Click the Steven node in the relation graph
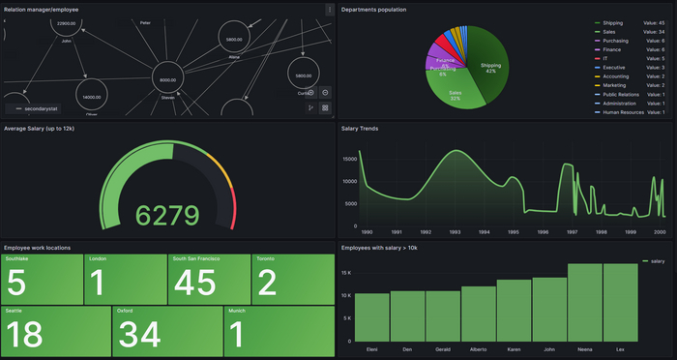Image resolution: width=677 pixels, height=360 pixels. click(167, 80)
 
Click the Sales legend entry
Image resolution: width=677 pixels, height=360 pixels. click(612, 32)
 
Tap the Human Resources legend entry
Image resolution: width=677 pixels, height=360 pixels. click(624, 112)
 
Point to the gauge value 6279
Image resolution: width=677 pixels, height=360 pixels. click(166, 215)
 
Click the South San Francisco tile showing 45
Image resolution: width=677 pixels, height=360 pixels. click(209, 280)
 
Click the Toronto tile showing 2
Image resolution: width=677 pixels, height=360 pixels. click(293, 280)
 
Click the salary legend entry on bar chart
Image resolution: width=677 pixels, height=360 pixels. click(653, 261)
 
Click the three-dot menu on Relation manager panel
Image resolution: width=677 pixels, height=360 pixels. click(329, 10)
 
